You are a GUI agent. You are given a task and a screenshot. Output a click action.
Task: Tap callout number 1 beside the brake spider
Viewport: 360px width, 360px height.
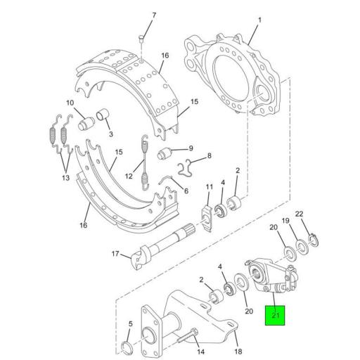pyautogui.click(x=258, y=20)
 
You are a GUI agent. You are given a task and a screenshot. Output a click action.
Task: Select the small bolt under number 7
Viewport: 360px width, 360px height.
pyautogui.click(x=141, y=38)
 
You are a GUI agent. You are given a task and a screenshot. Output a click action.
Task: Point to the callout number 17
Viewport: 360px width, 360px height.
pyautogui.click(x=115, y=254)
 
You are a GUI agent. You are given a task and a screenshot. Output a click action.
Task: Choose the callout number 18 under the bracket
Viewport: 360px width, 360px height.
pyautogui.click(x=237, y=351)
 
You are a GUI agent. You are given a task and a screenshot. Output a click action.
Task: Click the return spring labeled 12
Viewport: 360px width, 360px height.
pyautogui.click(x=145, y=162)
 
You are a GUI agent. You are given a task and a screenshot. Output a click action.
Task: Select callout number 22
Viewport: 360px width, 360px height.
pyautogui.click(x=300, y=214)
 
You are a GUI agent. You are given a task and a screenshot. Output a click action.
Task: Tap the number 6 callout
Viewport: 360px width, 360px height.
pyautogui.click(x=185, y=191)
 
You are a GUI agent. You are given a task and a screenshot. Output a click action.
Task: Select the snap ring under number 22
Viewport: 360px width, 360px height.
pyautogui.click(x=310, y=242)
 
